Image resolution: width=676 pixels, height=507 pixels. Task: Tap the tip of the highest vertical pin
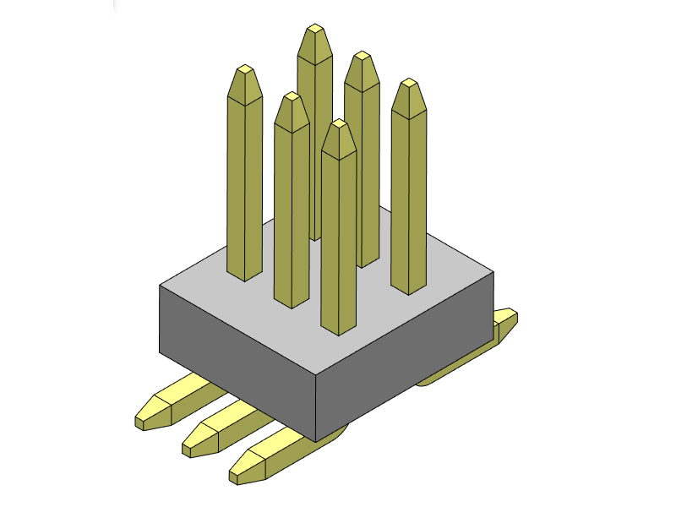pos(315,30)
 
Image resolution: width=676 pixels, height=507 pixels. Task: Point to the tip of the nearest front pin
pos(339,124)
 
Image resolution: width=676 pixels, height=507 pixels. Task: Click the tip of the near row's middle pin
pos(292,97)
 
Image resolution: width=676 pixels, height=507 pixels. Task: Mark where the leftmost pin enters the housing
pos(245,275)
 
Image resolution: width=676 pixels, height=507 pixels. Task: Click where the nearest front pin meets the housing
pos(338,329)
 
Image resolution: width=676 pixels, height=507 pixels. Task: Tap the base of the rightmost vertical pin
pos(407,289)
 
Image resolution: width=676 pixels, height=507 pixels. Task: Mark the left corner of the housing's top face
pos(161,286)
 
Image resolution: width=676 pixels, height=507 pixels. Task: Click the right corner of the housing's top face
pos(493,272)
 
